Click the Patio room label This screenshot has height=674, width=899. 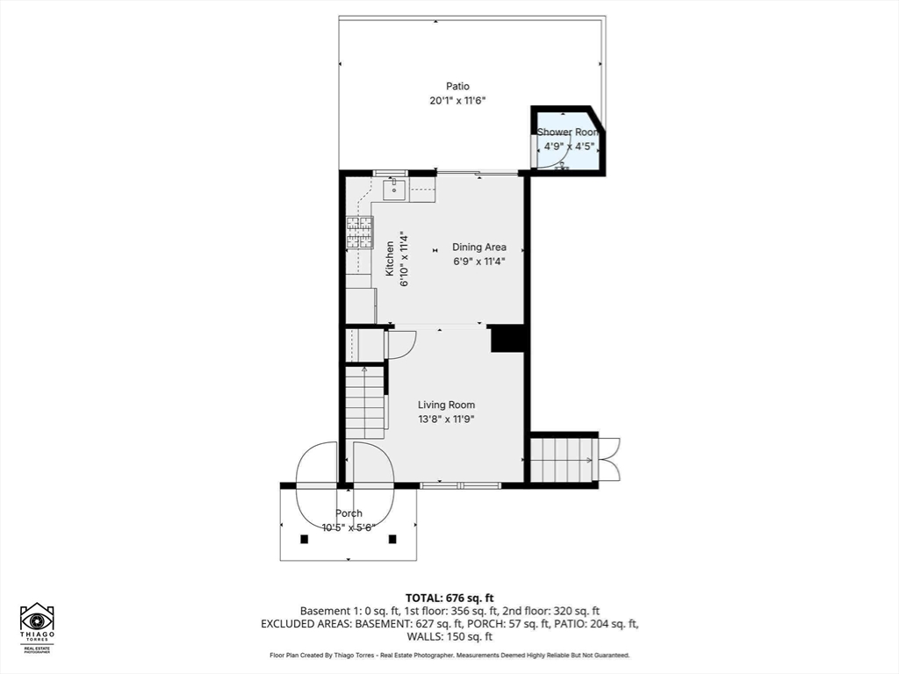pos(457,87)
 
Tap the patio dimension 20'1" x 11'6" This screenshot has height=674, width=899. pos(457,101)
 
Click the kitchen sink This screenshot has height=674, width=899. pos(394,190)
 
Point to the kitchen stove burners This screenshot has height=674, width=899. pos(359,232)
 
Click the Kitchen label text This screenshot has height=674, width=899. pos(390,259)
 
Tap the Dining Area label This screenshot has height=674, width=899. pos(479,247)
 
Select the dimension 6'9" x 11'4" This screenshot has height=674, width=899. pos(479,262)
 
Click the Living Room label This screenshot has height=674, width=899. pos(446,405)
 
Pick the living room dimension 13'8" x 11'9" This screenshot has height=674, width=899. pos(446,419)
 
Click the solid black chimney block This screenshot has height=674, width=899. pos(508,338)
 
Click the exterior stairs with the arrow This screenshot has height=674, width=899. pos(564,460)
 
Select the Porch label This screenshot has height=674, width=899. pos(349,513)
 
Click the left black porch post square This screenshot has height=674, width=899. pos(305,539)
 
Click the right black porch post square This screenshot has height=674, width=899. pos(392,539)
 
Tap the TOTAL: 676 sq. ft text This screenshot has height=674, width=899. pos(449,599)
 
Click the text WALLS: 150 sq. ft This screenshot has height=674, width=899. pos(449,637)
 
